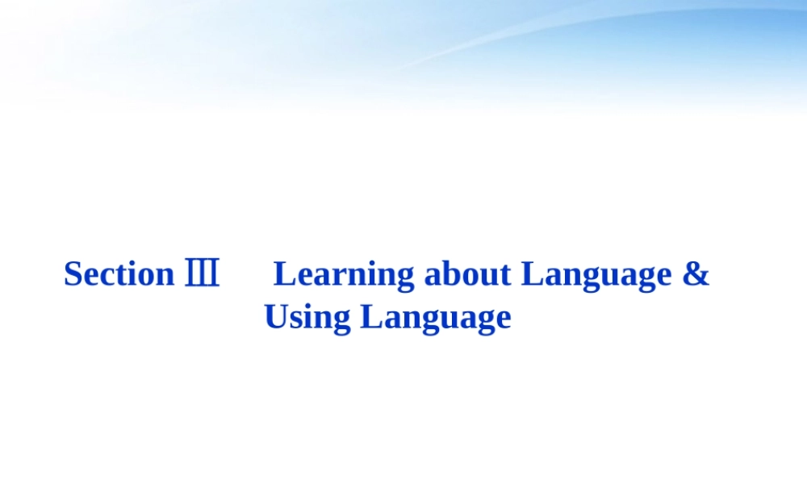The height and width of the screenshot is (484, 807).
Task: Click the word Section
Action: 119,274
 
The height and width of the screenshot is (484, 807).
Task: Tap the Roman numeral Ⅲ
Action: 202,274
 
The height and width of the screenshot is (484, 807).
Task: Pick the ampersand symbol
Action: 696,274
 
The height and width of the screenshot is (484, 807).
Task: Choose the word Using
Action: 307,317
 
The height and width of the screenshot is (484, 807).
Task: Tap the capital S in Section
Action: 73,274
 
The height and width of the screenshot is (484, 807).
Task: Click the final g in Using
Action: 342,320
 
